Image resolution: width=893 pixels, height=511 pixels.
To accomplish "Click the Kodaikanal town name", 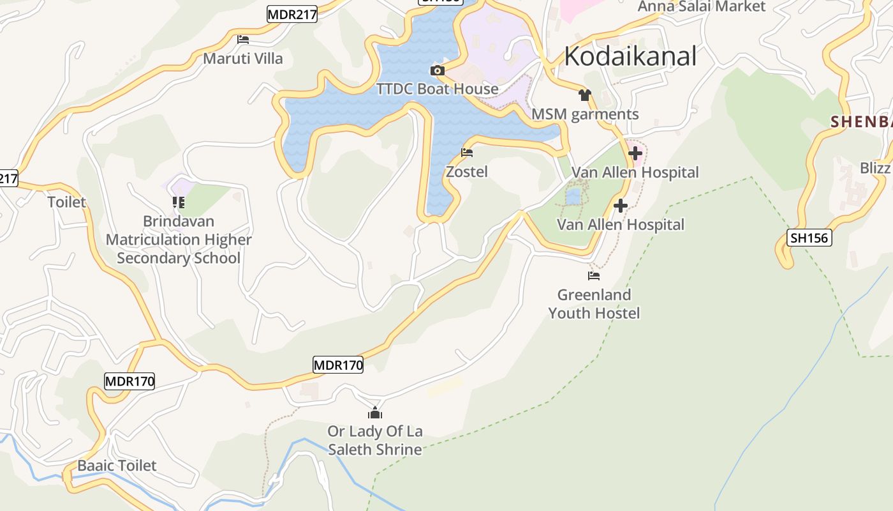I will [x=630, y=56].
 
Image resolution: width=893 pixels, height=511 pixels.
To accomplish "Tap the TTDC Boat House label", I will [x=438, y=89].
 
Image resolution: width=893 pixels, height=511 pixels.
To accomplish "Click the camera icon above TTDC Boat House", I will [x=437, y=70].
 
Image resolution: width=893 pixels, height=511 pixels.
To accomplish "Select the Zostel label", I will [x=467, y=171].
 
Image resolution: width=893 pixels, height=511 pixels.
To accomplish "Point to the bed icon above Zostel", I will [x=467, y=153].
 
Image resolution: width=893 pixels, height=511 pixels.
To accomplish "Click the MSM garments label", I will [x=585, y=114].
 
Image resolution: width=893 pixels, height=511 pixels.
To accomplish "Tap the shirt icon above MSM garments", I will [x=585, y=95].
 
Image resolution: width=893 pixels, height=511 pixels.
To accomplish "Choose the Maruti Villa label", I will [x=243, y=59].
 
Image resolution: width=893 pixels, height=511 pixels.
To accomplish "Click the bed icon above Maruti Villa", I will [x=243, y=40].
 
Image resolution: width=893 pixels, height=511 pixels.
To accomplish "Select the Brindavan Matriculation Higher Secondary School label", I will [x=179, y=240].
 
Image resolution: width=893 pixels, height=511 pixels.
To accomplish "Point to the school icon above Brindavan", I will [x=179, y=202].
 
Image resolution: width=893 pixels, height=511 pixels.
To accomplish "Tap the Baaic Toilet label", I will [x=117, y=465].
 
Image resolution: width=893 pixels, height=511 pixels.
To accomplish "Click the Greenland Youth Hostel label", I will [x=594, y=303].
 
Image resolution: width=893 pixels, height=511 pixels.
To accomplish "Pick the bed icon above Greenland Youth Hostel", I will [x=594, y=276].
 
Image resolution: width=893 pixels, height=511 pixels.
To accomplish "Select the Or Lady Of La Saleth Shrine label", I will [x=375, y=440].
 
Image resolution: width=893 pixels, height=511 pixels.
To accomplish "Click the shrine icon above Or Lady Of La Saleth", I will [x=375, y=413].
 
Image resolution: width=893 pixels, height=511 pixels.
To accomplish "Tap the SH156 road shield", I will [x=809, y=238].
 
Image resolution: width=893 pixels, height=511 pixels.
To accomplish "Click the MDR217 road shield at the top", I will [x=292, y=14].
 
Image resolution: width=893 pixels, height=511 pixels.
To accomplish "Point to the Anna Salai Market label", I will [x=702, y=6].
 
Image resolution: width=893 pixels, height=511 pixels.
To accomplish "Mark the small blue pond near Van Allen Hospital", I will [x=573, y=196].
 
